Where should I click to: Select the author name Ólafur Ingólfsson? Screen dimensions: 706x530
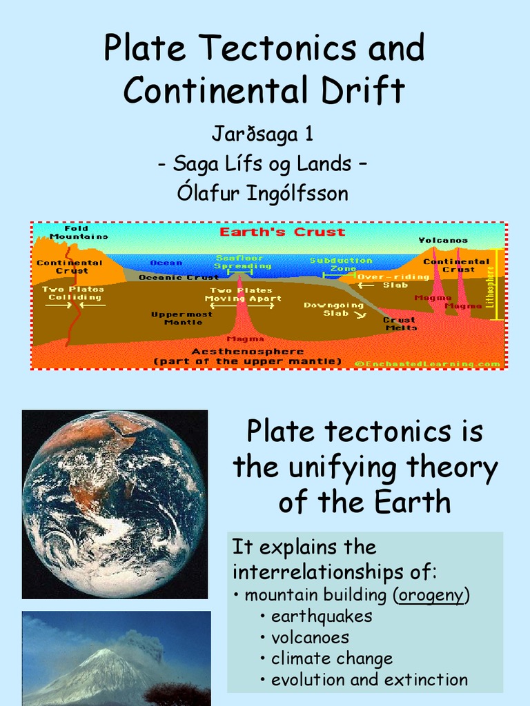pyautogui.click(x=262, y=194)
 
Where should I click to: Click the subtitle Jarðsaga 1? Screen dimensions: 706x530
pyautogui.click(x=262, y=134)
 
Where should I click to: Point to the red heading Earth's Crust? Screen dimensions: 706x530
pyautogui.click(x=282, y=232)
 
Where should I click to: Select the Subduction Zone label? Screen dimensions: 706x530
pyautogui.click(x=341, y=264)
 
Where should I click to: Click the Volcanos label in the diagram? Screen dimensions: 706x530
pyautogui.click(x=442, y=241)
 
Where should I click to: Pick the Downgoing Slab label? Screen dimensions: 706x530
pyautogui.click(x=333, y=309)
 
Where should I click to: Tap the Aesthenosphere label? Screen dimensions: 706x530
pyautogui.click(x=247, y=352)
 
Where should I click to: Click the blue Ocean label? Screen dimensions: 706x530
pyautogui.click(x=166, y=263)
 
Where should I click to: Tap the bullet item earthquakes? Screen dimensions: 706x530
pyautogui.click(x=322, y=616)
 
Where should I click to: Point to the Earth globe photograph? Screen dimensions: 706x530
pyautogui.click(x=115, y=504)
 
